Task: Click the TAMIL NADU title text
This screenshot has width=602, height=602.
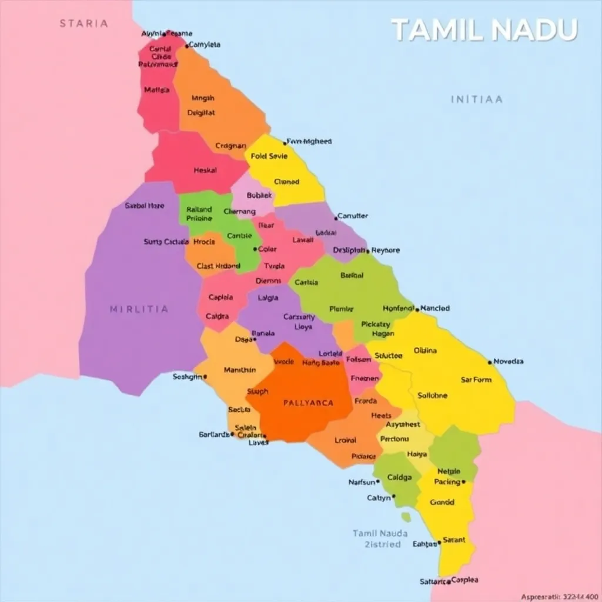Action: pos(484,29)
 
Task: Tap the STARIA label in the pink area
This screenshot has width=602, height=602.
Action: pos(83,24)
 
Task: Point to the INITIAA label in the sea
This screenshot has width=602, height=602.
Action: pos(476,99)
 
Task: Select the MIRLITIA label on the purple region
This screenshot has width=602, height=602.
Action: pos(139,309)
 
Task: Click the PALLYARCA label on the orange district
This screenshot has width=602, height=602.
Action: pos(308,403)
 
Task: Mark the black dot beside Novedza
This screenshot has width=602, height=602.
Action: pos(490,362)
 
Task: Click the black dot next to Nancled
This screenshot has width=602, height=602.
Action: pos(417,309)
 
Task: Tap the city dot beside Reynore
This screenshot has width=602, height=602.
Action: pos(368,251)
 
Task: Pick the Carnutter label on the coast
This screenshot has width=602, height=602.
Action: pos(353,216)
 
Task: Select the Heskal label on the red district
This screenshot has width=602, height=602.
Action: pos(205,170)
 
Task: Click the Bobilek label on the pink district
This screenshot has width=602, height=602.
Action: pos(259,195)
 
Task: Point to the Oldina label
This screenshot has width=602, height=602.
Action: pos(425,350)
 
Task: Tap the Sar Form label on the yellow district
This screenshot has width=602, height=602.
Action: pos(476,380)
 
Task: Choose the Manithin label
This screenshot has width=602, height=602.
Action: pos(240,370)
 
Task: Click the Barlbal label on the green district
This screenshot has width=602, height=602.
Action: pos(352,275)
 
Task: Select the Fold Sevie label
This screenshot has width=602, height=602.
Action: pos(269,156)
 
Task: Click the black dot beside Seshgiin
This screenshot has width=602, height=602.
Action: pos(205,377)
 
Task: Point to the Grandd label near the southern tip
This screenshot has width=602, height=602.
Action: pos(442,503)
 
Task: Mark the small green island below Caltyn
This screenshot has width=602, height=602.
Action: pos(406,517)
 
